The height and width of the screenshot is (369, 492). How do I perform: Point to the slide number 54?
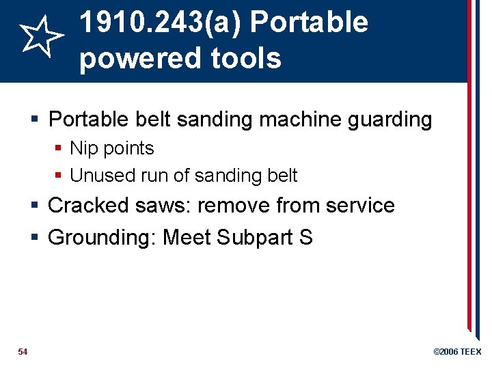pos(23,351)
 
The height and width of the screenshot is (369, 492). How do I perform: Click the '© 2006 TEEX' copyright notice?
pos(457,351)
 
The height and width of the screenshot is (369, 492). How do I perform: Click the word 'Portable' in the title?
pos(309,23)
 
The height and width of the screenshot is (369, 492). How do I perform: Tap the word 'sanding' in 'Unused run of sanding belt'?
pos(232,176)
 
